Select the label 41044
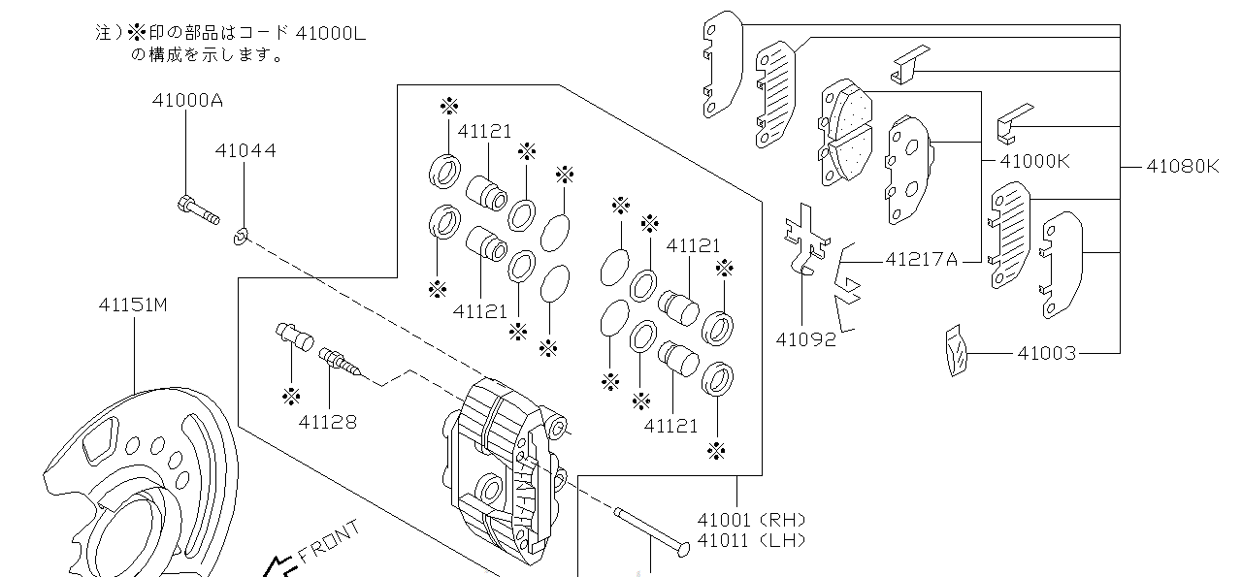(245, 150)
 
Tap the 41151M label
(133, 305)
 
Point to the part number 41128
(327, 422)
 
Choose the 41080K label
(1181, 166)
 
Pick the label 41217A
(921, 259)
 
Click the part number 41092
(805, 340)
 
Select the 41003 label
(1046, 354)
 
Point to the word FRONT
(329, 542)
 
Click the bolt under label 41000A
(198, 209)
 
